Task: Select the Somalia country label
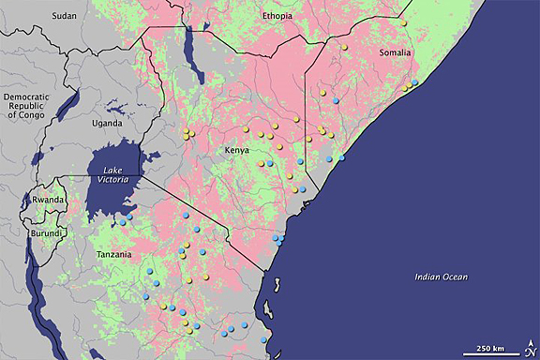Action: (x=395, y=53)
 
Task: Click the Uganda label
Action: (x=106, y=124)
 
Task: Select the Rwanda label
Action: (x=48, y=200)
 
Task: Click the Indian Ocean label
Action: (x=442, y=277)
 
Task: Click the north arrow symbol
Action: (x=528, y=349)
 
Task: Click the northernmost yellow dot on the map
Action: (x=402, y=21)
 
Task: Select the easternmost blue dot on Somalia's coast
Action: (x=415, y=82)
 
